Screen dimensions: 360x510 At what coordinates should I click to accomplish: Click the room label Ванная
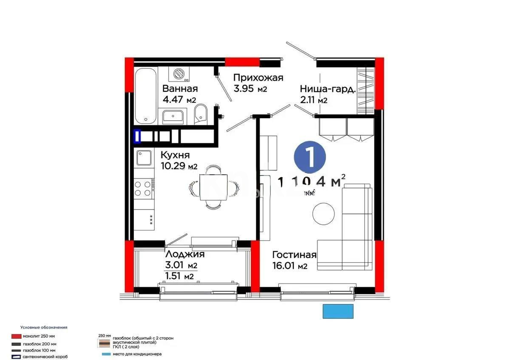tap(180, 89)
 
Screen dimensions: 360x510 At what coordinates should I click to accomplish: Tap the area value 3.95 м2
tap(250, 89)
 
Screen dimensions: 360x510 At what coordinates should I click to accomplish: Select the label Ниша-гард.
tap(328, 89)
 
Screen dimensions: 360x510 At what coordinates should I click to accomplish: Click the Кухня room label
tap(175, 155)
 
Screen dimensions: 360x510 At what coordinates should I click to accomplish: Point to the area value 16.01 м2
tap(290, 266)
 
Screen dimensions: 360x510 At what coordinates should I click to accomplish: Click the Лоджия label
tap(185, 254)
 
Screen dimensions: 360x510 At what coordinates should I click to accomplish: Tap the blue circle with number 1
tap(310, 157)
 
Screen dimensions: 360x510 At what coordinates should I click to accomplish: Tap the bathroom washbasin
tap(173, 116)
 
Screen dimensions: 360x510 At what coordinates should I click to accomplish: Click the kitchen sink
tap(144, 159)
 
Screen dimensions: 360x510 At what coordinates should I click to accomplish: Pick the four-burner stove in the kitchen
tap(143, 188)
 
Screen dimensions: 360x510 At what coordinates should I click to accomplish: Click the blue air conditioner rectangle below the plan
tap(338, 311)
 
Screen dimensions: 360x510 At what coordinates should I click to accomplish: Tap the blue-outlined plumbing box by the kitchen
tap(138, 136)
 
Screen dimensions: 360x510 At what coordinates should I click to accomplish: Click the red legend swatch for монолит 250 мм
tap(17, 336)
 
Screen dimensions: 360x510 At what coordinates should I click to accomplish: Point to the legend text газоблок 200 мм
tap(40, 343)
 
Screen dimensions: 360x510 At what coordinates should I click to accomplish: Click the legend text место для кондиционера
tap(137, 354)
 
